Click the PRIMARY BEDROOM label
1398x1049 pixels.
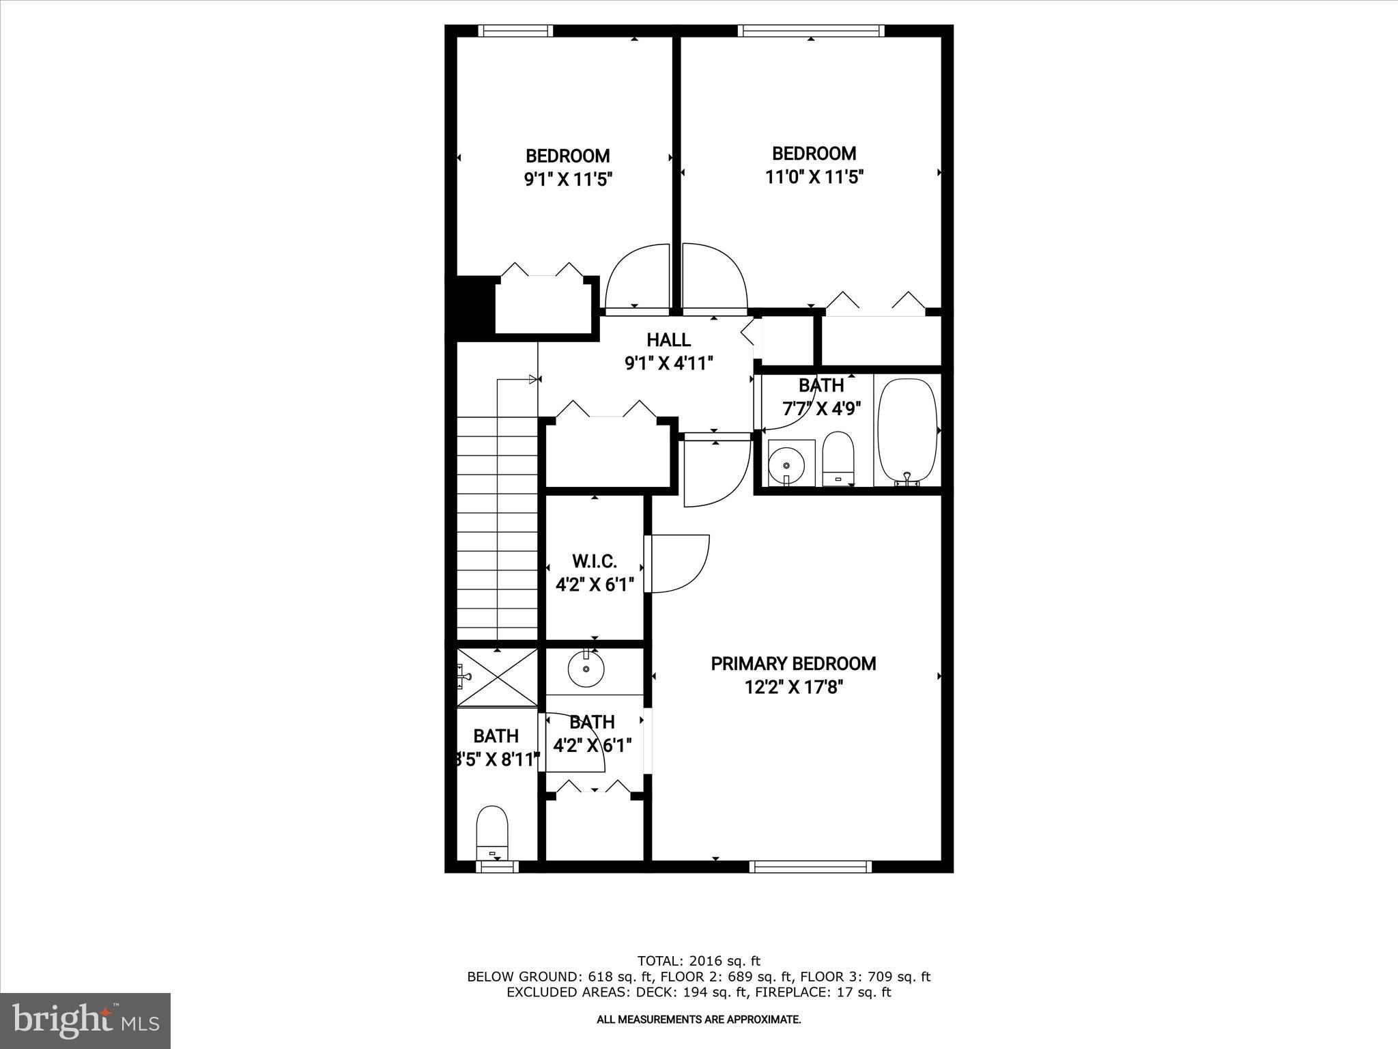(x=793, y=664)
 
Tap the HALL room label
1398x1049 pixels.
(x=668, y=339)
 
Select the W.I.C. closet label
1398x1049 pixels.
(x=594, y=561)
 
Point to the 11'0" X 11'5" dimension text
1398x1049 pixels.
(x=814, y=178)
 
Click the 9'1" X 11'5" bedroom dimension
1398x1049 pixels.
(x=568, y=180)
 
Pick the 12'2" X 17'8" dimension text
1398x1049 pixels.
(x=794, y=687)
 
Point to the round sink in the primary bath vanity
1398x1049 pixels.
(x=586, y=669)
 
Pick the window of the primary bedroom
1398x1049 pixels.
(x=810, y=867)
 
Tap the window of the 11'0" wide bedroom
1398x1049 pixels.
(x=810, y=31)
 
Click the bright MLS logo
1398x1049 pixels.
(x=85, y=1022)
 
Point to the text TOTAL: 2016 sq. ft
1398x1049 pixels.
(x=698, y=962)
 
